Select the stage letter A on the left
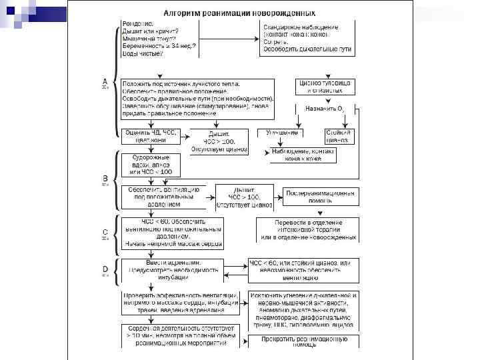coord(104,81)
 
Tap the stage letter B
coord(104,178)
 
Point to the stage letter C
coord(104,234)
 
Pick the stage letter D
coord(104,269)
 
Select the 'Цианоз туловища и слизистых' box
coord(326,86)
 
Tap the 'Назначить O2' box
coord(326,108)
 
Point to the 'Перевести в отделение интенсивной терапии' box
coord(308,230)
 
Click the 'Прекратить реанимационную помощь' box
coord(304,341)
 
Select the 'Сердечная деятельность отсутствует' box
coord(180,336)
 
